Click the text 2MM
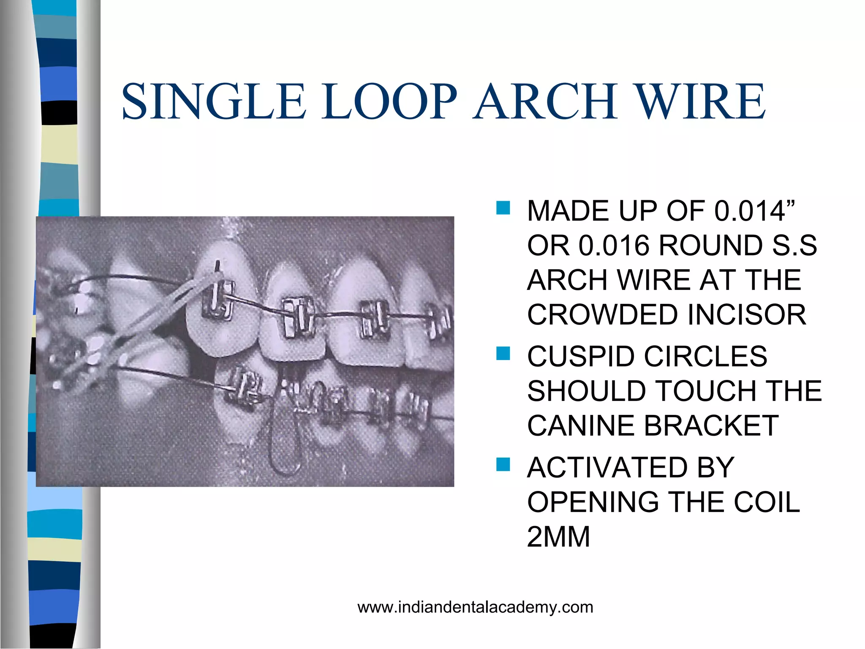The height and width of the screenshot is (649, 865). coord(558,537)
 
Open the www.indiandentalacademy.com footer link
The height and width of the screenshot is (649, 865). coord(475,608)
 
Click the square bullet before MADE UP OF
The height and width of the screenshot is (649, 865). coord(503,208)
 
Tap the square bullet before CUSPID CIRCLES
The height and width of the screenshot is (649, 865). coord(503,353)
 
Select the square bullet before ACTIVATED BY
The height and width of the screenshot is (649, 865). coord(503,464)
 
